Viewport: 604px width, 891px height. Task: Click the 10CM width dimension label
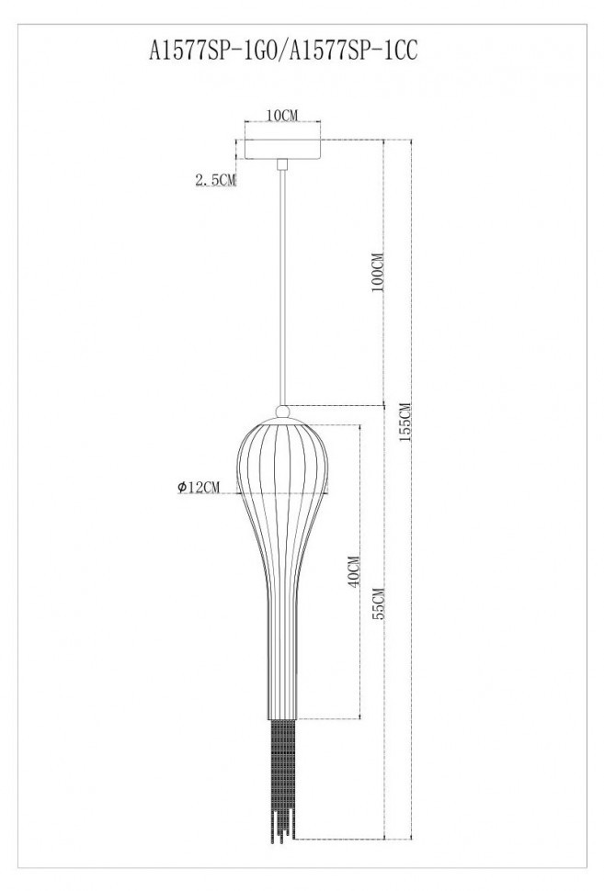282,115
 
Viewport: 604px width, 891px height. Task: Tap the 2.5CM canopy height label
215,181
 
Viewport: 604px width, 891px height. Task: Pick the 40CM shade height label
352,574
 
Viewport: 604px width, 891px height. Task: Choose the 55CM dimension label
378,607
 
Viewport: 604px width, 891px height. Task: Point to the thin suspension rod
283,285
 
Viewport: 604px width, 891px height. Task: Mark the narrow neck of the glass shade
283,661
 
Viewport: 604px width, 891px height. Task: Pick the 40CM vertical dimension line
359,643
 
